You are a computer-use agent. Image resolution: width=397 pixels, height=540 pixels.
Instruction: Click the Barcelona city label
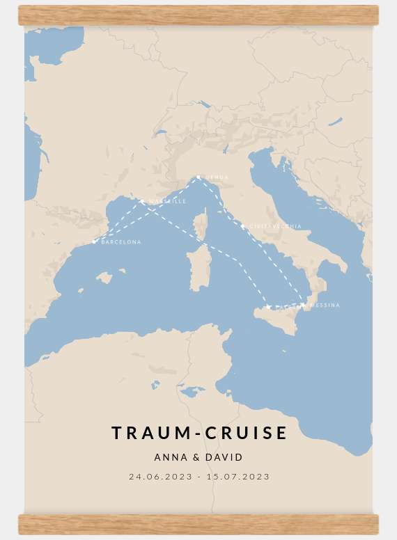click(121, 242)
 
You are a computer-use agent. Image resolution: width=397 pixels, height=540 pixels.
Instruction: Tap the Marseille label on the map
click(167, 201)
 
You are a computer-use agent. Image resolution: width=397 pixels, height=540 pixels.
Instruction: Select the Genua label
click(217, 178)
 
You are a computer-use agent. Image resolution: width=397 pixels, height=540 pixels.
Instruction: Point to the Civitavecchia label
click(276, 227)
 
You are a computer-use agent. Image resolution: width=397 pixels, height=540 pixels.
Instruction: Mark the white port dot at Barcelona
click(94, 242)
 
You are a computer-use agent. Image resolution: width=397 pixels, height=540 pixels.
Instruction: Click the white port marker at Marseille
click(142, 202)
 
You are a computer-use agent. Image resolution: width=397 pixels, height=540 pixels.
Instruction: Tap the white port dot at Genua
click(198, 177)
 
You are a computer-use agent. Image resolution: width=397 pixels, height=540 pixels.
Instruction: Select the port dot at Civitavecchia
click(243, 226)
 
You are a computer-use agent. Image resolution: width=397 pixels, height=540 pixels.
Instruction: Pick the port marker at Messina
click(302, 305)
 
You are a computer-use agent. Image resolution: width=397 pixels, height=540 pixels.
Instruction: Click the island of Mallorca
click(104, 278)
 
